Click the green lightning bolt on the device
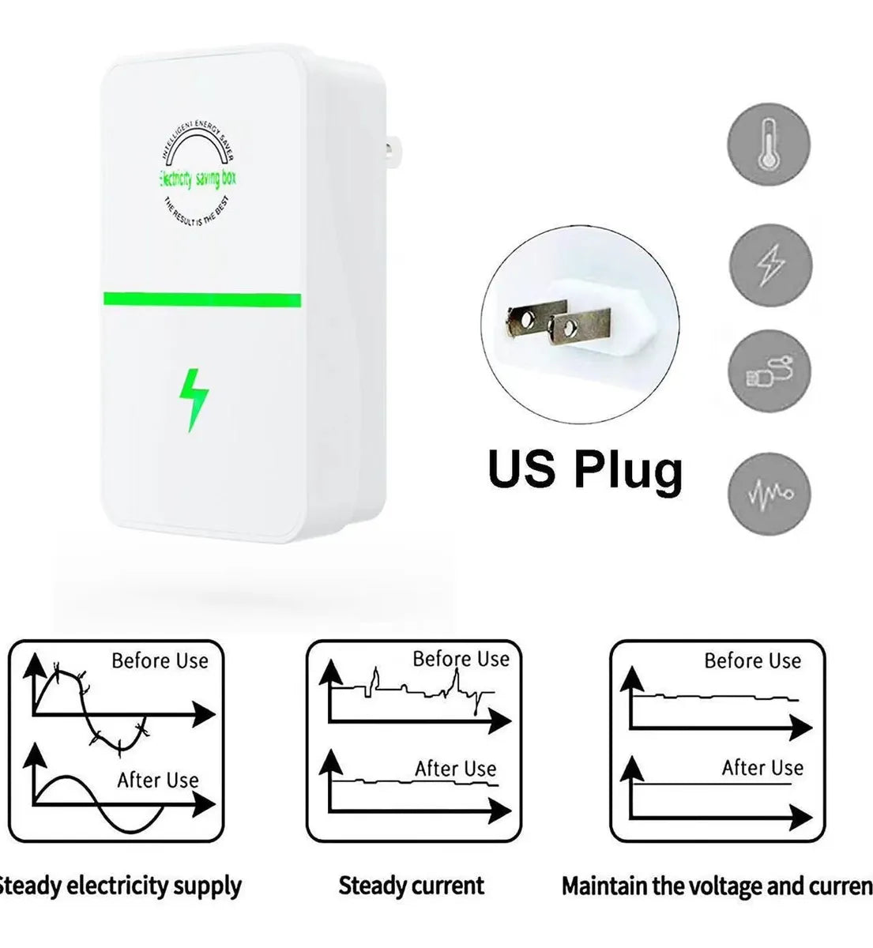(193, 399)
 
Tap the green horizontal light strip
(201, 300)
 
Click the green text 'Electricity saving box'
(198, 179)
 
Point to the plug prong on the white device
(391, 148)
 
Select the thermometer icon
(768, 144)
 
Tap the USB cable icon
(769, 371)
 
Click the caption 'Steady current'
(411, 886)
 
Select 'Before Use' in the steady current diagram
(461, 659)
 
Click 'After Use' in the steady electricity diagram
(158, 780)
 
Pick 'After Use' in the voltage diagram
(762, 767)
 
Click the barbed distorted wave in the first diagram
(87, 703)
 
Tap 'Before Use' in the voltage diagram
(752, 660)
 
